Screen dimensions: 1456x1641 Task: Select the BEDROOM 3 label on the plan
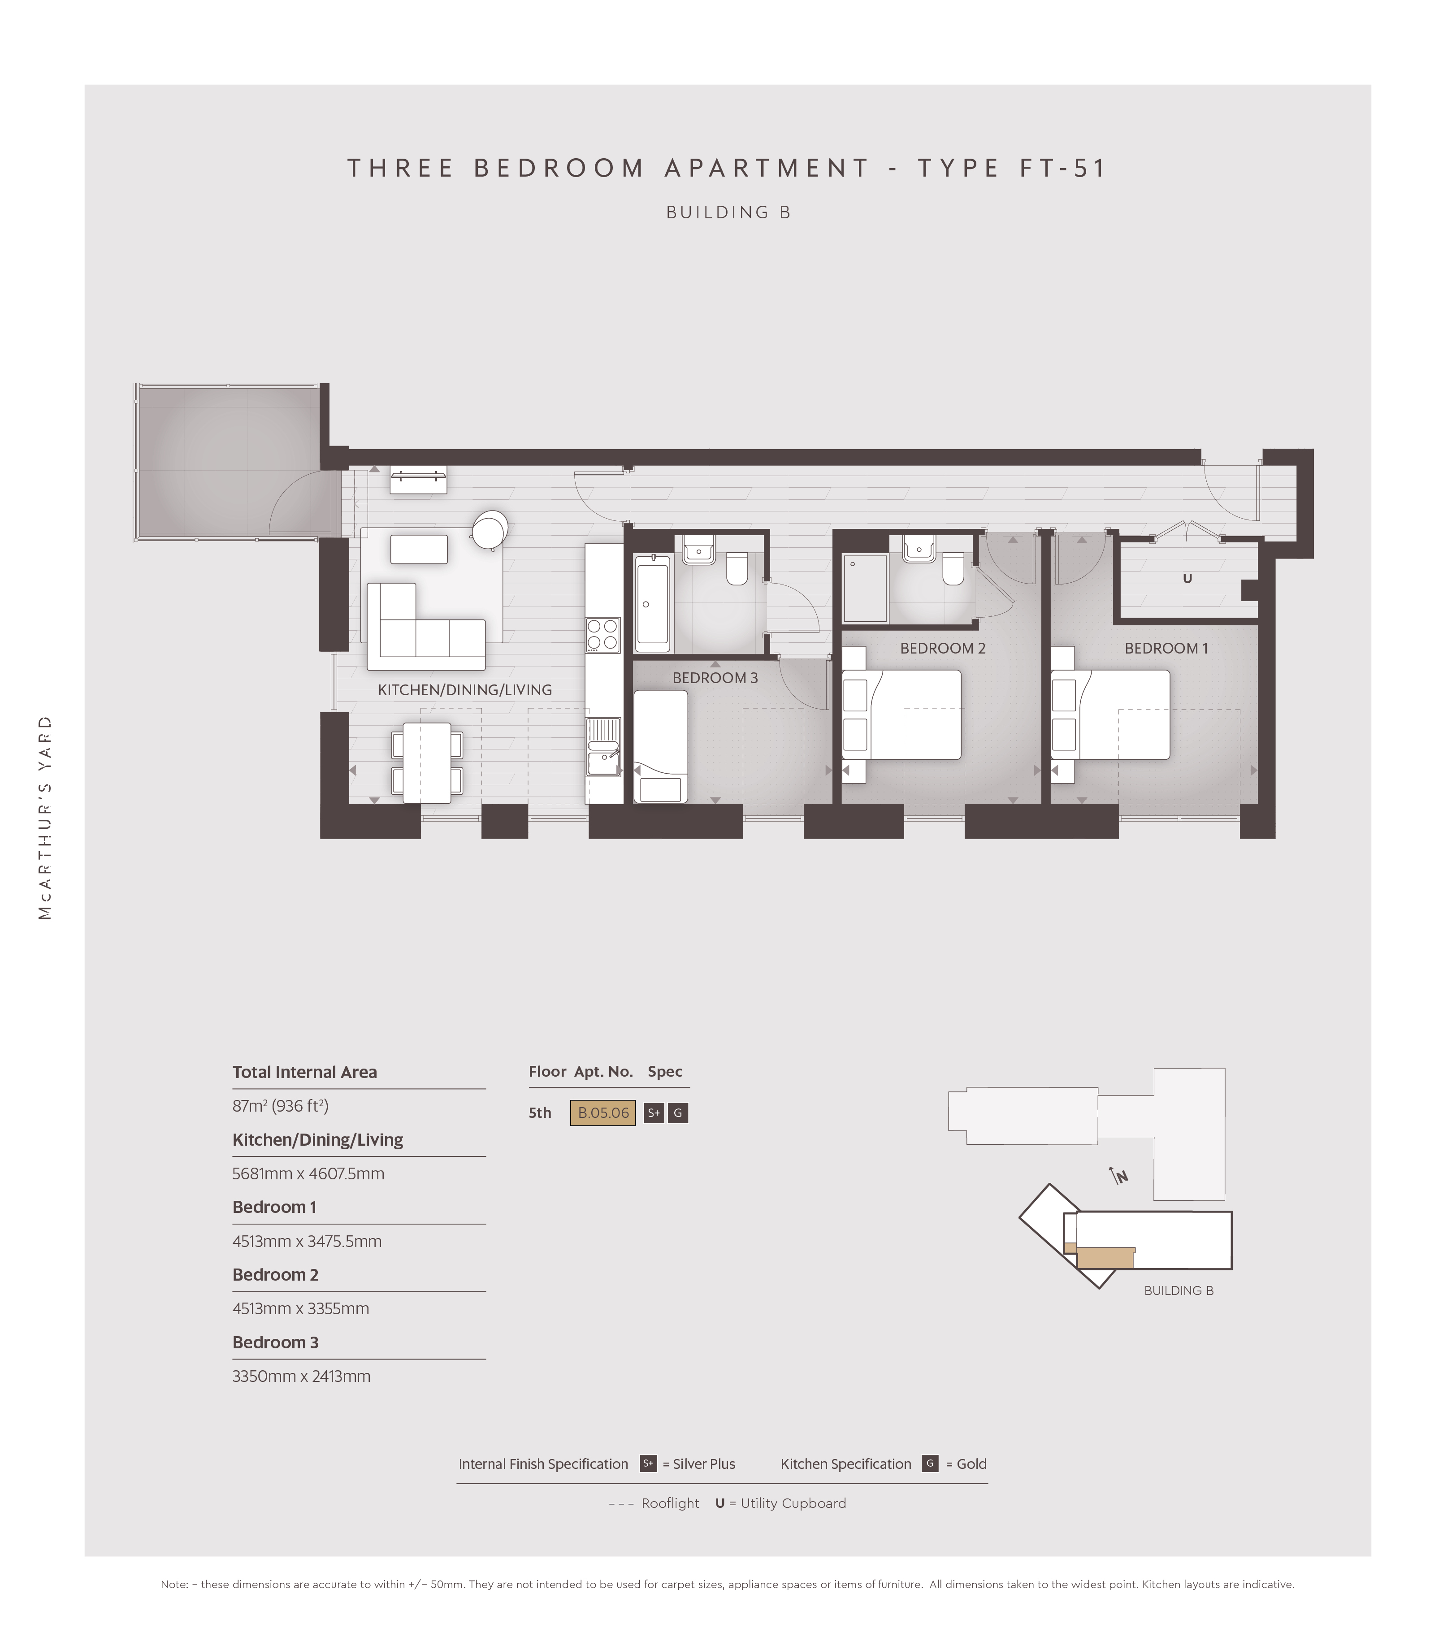click(715, 678)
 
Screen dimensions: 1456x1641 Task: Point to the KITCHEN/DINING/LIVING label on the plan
click(465, 690)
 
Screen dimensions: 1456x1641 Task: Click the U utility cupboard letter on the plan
click(1187, 578)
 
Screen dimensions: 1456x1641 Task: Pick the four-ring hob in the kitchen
click(603, 634)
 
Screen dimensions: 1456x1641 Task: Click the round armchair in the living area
click(490, 530)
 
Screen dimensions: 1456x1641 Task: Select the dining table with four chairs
click(426, 763)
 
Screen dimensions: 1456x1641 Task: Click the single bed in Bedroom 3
click(661, 747)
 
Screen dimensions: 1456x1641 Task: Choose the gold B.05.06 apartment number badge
click(603, 1113)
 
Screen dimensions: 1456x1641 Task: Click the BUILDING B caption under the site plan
click(1179, 1291)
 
